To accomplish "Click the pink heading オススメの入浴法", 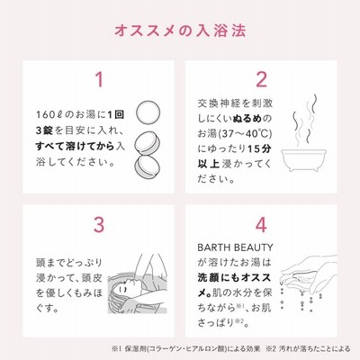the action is (x=180, y=31).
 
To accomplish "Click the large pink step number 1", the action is (x=99, y=79).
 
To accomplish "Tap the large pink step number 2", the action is (x=261, y=79).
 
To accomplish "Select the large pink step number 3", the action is (x=99, y=225).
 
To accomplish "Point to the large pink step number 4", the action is (x=261, y=225).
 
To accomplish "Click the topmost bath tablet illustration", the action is (x=148, y=112).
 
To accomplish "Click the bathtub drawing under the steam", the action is (x=303, y=159).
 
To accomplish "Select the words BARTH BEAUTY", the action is (x=235, y=247).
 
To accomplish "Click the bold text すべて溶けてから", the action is (x=75, y=147).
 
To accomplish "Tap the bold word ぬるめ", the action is (x=247, y=118).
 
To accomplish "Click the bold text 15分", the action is (x=259, y=148).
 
